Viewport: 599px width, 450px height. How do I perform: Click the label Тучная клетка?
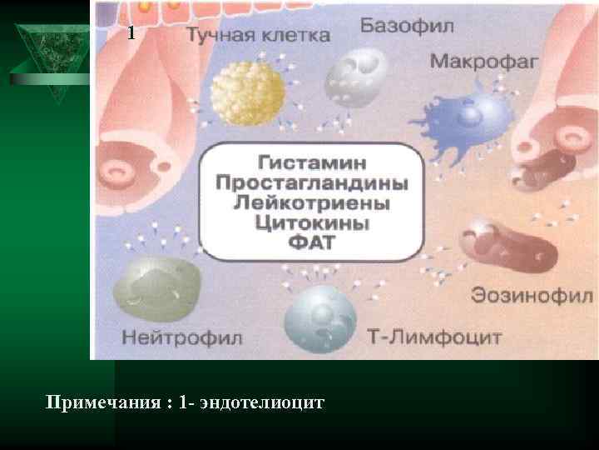point(257,36)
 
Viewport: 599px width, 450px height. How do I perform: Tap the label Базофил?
point(407,26)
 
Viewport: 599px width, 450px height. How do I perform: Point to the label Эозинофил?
point(532,296)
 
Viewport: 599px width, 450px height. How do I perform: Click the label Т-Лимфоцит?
point(434,337)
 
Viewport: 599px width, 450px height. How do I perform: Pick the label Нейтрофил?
point(181,337)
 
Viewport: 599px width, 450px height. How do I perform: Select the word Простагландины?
point(316,182)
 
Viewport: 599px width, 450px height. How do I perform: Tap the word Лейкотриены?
point(316,202)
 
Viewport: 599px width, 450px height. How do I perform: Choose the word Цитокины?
point(316,223)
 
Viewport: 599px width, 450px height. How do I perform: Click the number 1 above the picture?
point(131,34)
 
